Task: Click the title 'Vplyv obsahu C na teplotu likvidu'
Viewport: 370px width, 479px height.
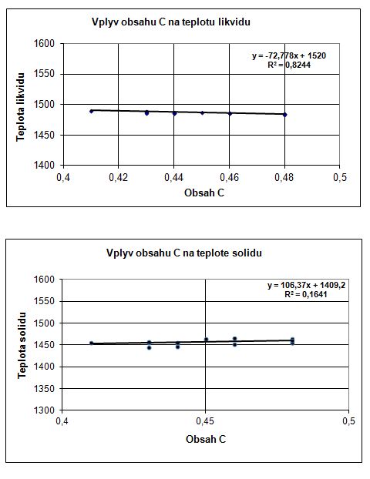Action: pyautogui.click(x=171, y=22)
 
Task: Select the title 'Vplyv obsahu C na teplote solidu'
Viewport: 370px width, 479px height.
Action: pyautogui.click(x=184, y=253)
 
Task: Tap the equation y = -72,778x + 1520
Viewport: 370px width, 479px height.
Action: pyautogui.click(x=289, y=56)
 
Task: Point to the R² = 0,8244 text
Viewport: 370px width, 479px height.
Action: pyautogui.click(x=289, y=65)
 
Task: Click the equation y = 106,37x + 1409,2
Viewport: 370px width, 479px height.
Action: pyautogui.click(x=306, y=286)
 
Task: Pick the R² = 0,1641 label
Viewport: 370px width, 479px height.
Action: pyautogui.click(x=306, y=294)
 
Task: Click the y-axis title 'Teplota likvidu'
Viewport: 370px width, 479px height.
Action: pyautogui.click(x=20, y=107)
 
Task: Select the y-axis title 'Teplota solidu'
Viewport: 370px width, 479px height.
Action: pyautogui.click(x=22, y=345)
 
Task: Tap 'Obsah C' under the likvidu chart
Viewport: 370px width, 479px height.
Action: pyautogui.click(x=204, y=193)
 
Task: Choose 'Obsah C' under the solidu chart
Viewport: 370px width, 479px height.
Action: pyautogui.click(x=206, y=439)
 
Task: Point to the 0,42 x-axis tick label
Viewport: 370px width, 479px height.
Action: pyautogui.click(x=119, y=177)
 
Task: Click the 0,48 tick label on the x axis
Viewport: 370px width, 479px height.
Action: pyautogui.click(x=284, y=177)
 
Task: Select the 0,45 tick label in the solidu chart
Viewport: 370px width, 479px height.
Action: pyautogui.click(x=205, y=421)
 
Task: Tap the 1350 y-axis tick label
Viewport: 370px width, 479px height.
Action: pyautogui.click(x=45, y=389)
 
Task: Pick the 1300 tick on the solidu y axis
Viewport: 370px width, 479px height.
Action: pyautogui.click(x=45, y=410)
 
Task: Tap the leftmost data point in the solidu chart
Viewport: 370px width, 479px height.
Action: pyautogui.click(x=91, y=343)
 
